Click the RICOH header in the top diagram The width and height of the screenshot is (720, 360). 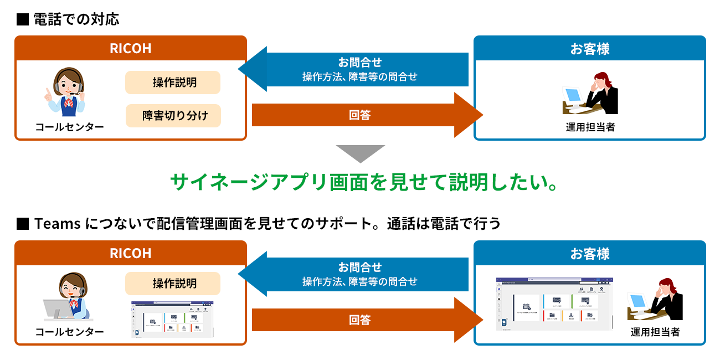click(130, 48)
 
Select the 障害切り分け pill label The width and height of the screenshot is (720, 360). click(173, 116)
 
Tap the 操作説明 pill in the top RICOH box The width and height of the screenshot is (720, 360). click(173, 83)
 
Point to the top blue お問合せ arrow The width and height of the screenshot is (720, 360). click(354, 69)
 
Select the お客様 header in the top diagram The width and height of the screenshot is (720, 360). click(590, 48)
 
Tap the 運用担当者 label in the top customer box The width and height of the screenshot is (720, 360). click(590, 127)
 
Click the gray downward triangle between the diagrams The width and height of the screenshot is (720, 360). click(360, 153)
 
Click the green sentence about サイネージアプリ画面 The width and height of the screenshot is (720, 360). click(363, 182)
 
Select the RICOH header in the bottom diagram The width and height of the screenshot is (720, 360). click(130, 253)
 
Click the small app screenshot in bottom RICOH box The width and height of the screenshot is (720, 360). click(172, 319)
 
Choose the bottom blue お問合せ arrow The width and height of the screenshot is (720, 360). click(354, 274)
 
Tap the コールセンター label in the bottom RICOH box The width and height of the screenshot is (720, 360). click(69, 332)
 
